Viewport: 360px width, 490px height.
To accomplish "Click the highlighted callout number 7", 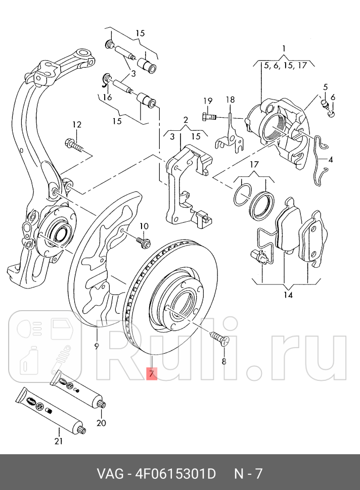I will pyautogui.click(x=151, y=374).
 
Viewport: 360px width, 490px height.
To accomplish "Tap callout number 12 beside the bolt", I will pyautogui.click(x=76, y=125).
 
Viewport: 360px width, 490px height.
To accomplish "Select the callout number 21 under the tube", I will pyautogui.click(x=59, y=441).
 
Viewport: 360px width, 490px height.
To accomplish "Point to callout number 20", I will pyautogui.click(x=101, y=423).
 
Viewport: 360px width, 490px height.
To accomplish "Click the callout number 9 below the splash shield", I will pyautogui.click(x=96, y=346).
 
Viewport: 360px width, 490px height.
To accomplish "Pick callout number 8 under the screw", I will pyautogui.click(x=224, y=361).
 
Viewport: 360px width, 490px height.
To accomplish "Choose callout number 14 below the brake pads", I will pyautogui.click(x=288, y=295).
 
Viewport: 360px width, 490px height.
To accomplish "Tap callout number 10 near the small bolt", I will pyautogui.click(x=144, y=226).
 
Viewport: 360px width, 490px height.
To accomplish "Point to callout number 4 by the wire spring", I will pyautogui.click(x=330, y=160).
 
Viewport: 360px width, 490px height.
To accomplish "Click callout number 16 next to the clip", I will pyautogui.click(x=107, y=97).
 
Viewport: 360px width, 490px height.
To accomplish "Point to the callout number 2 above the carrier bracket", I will pyautogui.click(x=186, y=120).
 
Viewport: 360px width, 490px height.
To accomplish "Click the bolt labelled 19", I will pyautogui.click(x=208, y=117).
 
